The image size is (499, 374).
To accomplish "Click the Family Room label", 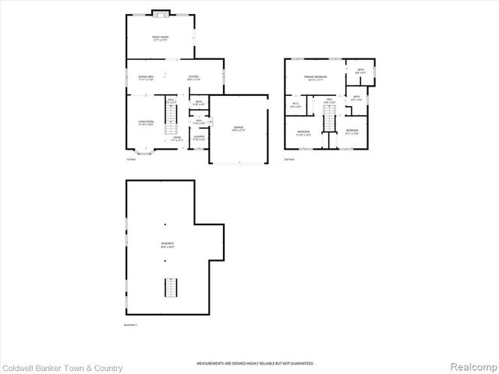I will [160, 38].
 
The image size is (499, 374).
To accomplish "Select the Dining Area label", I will [146, 77].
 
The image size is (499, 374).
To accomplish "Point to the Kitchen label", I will [194, 77].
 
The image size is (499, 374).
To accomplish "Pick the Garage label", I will [239, 128].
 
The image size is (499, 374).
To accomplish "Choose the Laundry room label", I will [200, 138].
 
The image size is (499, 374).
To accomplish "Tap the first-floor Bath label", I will [199, 103].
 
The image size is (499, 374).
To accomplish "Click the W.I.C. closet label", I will [296, 105].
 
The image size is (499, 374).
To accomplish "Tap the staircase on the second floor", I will [329, 119].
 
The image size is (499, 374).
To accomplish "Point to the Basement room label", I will [168, 245].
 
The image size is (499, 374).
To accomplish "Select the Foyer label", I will [178, 139].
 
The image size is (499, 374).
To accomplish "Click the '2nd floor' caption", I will [290, 159].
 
